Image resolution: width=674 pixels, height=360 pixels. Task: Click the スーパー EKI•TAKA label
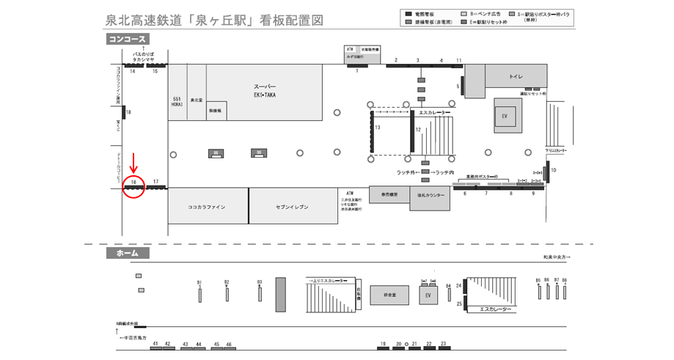pyautogui.click(x=265, y=90)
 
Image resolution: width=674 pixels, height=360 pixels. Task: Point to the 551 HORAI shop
pyautogui.click(x=177, y=101)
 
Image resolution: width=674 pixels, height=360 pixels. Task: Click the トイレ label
pyautogui.click(x=516, y=76)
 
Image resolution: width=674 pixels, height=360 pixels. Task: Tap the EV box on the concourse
pyautogui.click(x=505, y=117)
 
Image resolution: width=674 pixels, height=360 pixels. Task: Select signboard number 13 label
pyautogui.click(x=377, y=128)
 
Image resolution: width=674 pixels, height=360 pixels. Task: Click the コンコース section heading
pyautogui.click(x=128, y=40)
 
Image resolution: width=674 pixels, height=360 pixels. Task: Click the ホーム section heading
pyautogui.click(x=128, y=253)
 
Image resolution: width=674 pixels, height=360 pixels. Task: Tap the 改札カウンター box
pyautogui.click(x=431, y=196)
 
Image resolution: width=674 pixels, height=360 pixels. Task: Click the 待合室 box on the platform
pyautogui.click(x=389, y=295)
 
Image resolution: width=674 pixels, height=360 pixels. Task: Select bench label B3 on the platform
pyautogui.click(x=260, y=282)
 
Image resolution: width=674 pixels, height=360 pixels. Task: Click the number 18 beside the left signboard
pyautogui.click(x=128, y=112)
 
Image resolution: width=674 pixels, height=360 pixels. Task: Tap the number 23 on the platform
pyautogui.click(x=443, y=343)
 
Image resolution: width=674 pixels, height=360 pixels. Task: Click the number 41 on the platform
pyautogui.click(x=155, y=343)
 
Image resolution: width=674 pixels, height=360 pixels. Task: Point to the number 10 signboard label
pyautogui.click(x=554, y=170)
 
